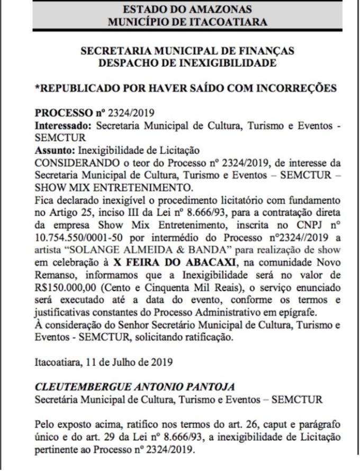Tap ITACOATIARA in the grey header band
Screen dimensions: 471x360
[230, 22]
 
